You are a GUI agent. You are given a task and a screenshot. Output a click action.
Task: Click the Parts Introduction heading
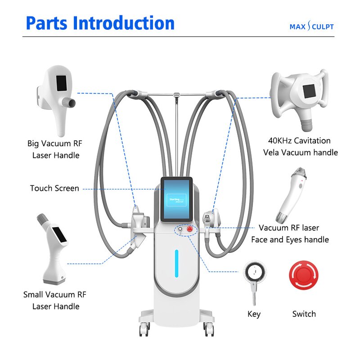coord(100,23)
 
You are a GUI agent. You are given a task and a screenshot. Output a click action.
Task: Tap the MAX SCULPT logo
coord(311,27)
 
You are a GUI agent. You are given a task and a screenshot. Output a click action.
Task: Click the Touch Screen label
coord(54,188)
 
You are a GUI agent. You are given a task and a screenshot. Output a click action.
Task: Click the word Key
coord(254,314)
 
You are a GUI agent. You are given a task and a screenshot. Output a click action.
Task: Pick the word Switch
coord(304,314)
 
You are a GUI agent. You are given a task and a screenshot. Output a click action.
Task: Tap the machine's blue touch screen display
coord(177,198)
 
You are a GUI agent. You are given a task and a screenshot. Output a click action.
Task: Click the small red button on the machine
coord(190,229)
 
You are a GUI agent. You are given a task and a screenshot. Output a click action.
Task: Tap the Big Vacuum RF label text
coord(55,144)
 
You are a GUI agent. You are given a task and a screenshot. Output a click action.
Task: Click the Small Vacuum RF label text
coord(54,295)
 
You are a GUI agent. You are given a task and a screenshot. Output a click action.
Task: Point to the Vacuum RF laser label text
coord(289,228)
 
